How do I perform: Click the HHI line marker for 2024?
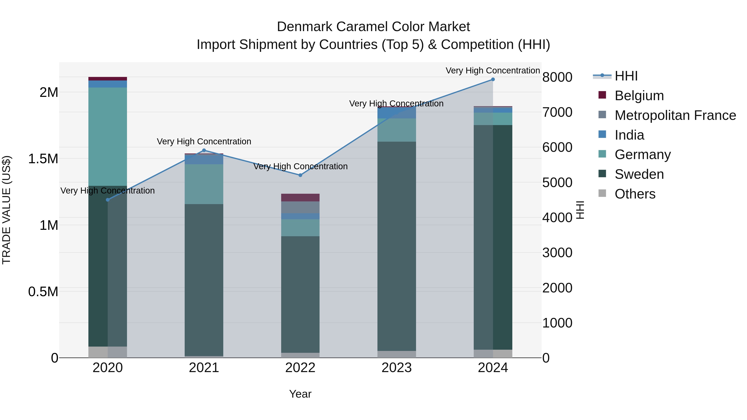click(493, 79)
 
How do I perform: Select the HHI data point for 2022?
click(300, 175)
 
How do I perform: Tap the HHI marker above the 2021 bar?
click(204, 150)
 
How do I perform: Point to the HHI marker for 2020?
click(107, 200)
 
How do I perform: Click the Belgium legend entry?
click(639, 96)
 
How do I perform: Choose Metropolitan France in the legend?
click(675, 115)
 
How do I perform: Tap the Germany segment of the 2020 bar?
click(107, 136)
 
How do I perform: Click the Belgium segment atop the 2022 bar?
click(300, 197)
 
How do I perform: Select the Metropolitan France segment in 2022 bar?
click(300, 207)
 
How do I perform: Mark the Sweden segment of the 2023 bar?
click(396, 246)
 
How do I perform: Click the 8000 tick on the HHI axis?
click(557, 77)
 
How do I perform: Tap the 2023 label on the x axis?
click(396, 368)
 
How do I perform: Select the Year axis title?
click(300, 394)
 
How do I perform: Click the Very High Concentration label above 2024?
click(492, 71)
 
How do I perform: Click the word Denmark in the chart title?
click(304, 27)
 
